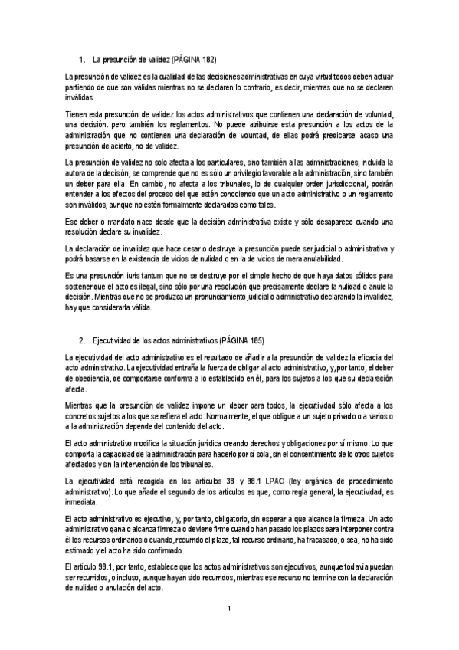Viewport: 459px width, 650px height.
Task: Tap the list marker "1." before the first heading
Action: click(x=83, y=59)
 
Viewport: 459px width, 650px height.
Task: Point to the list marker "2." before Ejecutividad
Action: click(x=83, y=339)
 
